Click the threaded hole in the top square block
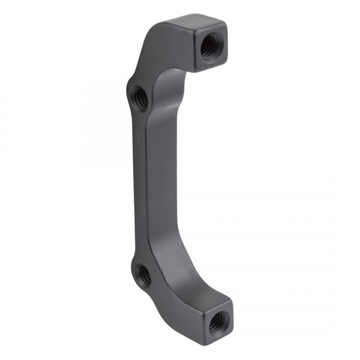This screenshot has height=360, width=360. pyautogui.click(x=210, y=46)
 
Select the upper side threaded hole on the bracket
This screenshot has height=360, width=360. pyautogui.click(x=140, y=97)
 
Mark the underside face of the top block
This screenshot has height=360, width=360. pyautogui.click(x=198, y=67)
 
